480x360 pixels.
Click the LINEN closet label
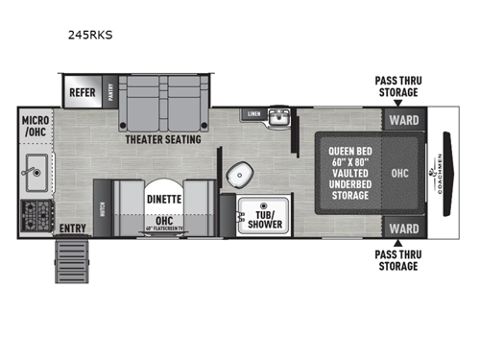[253, 114]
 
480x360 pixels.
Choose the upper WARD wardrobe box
[403, 121]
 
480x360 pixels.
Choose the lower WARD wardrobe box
[403, 228]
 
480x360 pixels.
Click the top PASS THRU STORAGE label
[396, 86]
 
